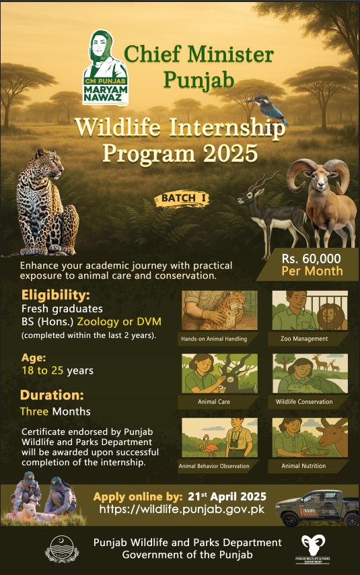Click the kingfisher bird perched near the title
click(x=268, y=109)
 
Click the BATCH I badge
click(x=182, y=199)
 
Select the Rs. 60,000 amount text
click(x=311, y=259)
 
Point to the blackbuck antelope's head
click(x=248, y=196)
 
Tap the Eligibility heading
click(x=55, y=295)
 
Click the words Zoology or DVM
click(x=119, y=322)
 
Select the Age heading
click(x=34, y=358)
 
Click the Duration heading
click(x=52, y=395)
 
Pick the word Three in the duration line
click(x=34, y=411)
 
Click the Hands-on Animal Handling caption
click(x=214, y=339)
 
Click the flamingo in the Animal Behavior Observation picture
click(x=209, y=445)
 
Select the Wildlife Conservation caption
click(x=304, y=402)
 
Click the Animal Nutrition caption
click(x=303, y=466)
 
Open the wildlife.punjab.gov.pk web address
click(x=182, y=509)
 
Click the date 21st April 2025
click(x=227, y=496)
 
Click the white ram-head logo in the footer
click(x=313, y=545)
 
